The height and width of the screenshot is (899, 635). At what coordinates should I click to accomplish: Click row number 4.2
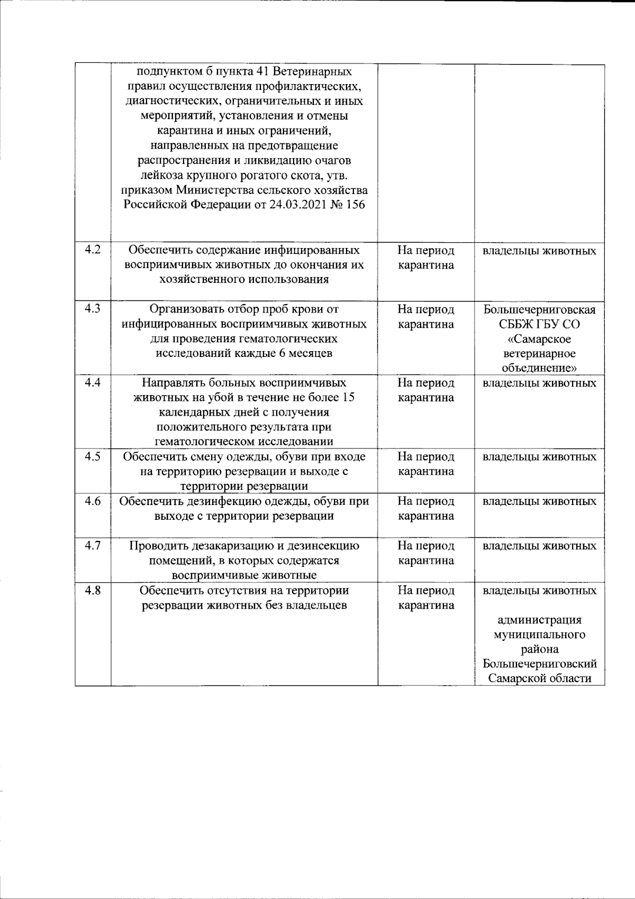click(x=93, y=250)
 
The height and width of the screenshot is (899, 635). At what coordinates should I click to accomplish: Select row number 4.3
click(x=93, y=309)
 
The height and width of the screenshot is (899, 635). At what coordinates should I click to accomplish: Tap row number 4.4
click(x=93, y=382)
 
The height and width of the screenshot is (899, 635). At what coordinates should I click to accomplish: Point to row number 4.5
click(x=93, y=456)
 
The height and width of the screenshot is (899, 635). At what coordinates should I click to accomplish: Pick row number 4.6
click(x=93, y=501)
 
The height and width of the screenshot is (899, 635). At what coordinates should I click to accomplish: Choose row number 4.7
click(x=93, y=545)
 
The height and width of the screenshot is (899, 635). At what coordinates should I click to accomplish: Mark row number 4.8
click(x=93, y=590)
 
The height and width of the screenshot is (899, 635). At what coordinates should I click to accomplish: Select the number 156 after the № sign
click(x=356, y=205)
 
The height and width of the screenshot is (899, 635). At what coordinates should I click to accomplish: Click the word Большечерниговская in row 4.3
click(x=539, y=309)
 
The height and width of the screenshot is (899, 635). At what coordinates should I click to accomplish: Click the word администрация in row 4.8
click(x=539, y=620)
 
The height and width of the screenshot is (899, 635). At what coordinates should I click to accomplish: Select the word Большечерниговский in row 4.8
click(x=539, y=664)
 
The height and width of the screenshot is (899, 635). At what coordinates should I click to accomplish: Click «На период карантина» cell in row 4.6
click(x=425, y=508)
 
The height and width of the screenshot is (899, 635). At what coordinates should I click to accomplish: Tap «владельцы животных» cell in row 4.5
click(x=539, y=456)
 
